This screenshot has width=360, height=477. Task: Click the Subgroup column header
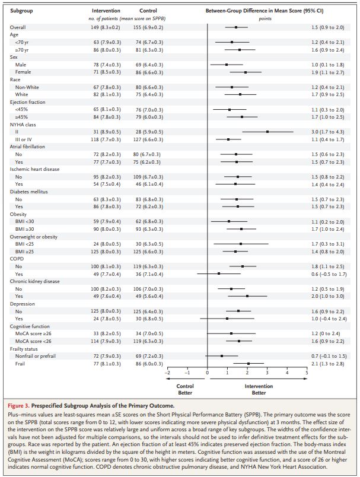click(x=22, y=11)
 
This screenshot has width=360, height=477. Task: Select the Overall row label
click(x=18, y=27)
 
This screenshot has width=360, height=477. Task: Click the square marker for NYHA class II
click(x=267, y=132)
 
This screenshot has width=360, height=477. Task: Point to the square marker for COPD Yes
click(x=219, y=274)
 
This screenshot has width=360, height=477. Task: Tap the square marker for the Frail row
click(x=249, y=364)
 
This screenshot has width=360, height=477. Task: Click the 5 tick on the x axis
click(x=307, y=373)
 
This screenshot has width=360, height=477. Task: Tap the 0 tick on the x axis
click(x=207, y=373)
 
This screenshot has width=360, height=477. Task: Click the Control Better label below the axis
click(x=185, y=389)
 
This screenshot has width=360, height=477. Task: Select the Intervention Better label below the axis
click(x=259, y=389)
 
